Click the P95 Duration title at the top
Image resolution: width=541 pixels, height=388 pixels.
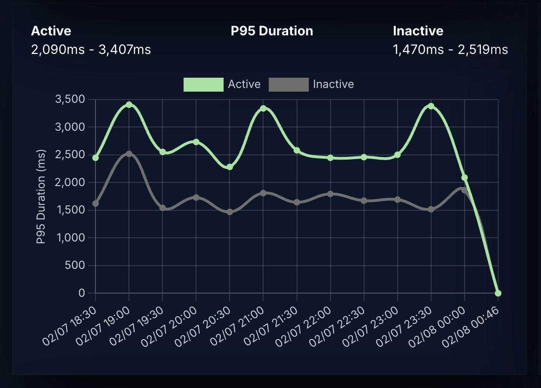(x=272, y=31)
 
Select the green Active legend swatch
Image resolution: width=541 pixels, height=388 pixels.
(x=203, y=85)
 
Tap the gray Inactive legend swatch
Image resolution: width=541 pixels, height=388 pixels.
(x=289, y=85)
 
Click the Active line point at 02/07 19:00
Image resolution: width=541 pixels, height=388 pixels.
(x=129, y=105)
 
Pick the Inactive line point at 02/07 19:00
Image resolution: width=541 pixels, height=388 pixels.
(x=129, y=154)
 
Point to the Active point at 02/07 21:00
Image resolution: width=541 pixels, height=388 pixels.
(x=263, y=108)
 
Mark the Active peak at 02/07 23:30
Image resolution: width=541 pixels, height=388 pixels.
(x=431, y=106)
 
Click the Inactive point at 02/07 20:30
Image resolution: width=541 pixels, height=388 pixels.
(x=230, y=212)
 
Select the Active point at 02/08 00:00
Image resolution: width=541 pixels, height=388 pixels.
(x=464, y=178)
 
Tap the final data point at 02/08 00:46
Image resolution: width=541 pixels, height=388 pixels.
(x=498, y=293)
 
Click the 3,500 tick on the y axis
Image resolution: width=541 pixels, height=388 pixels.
(x=70, y=99)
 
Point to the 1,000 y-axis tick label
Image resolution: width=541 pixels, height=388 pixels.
(x=70, y=238)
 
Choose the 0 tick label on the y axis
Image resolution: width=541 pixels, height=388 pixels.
(x=82, y=293)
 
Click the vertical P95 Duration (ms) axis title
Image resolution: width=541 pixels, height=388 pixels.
(x=41, y=196)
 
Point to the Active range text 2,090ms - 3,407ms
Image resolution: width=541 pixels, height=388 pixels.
(x=91, y=49)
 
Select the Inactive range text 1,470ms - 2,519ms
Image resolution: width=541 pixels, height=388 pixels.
(x=450, y=49)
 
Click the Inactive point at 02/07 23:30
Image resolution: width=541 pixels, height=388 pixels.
(x=431, y=209)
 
